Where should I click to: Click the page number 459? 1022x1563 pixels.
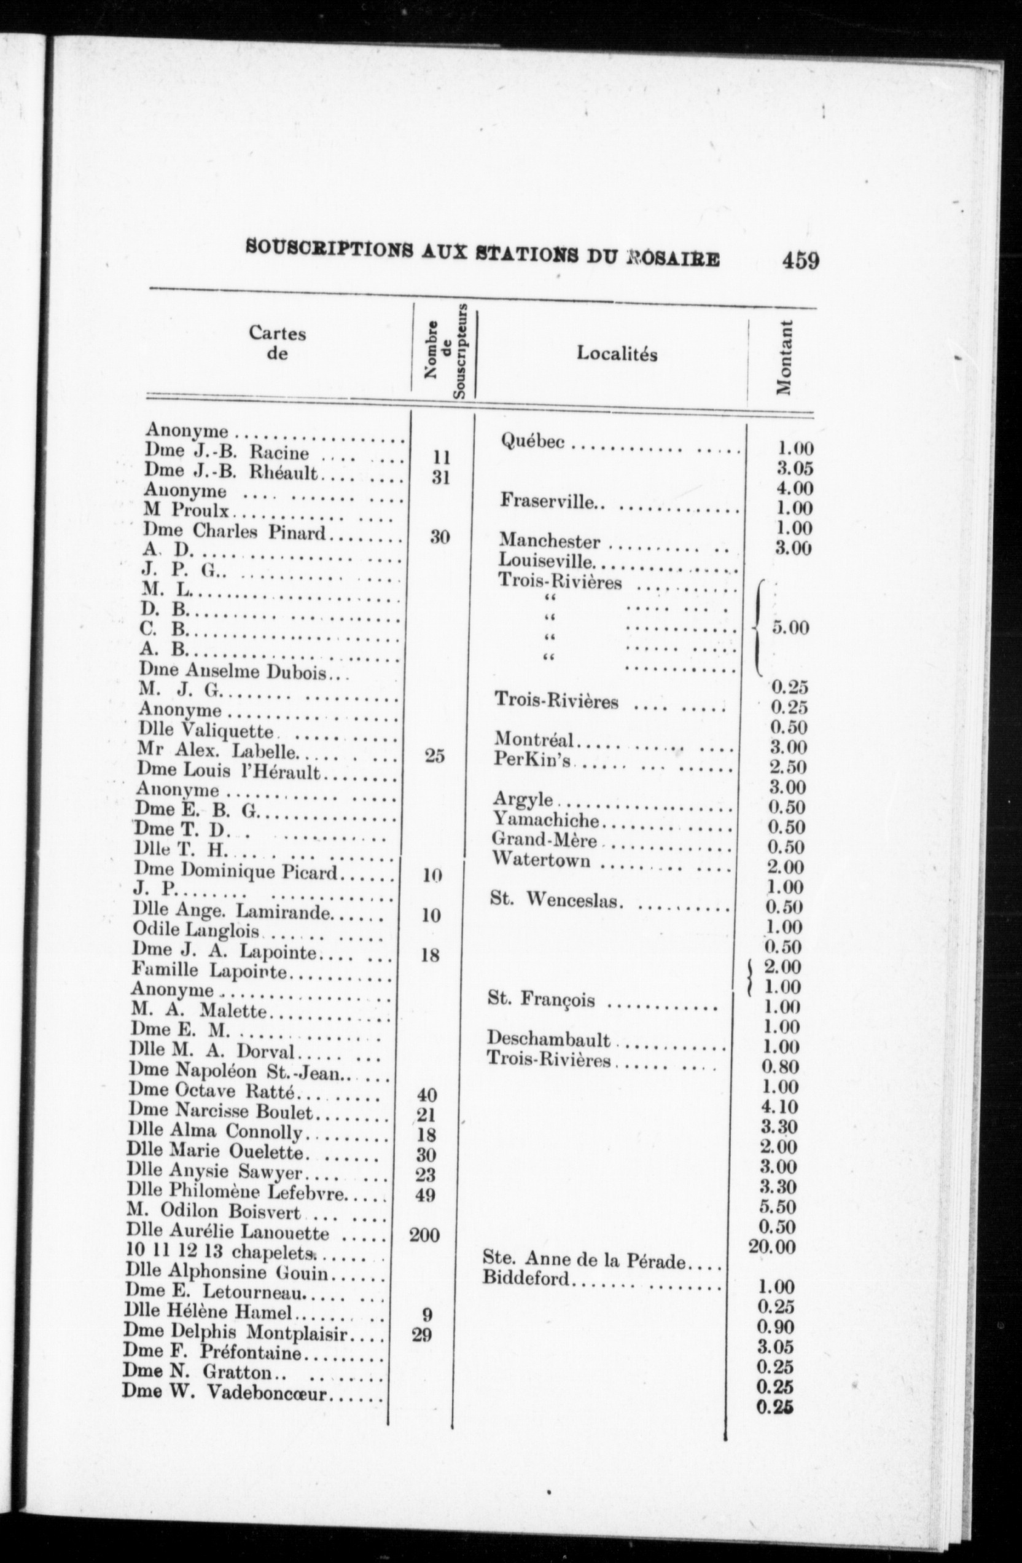pos(800,261)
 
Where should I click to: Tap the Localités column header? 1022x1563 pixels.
pos(617,354)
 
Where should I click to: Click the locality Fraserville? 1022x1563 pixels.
pos(548,501)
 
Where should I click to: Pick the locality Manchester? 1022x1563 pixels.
pos(550,541)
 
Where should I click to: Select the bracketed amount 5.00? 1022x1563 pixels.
pos(790,627)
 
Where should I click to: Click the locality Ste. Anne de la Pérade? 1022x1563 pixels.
pos(584,1260)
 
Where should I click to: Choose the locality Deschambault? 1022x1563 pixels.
pos(548,1040)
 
